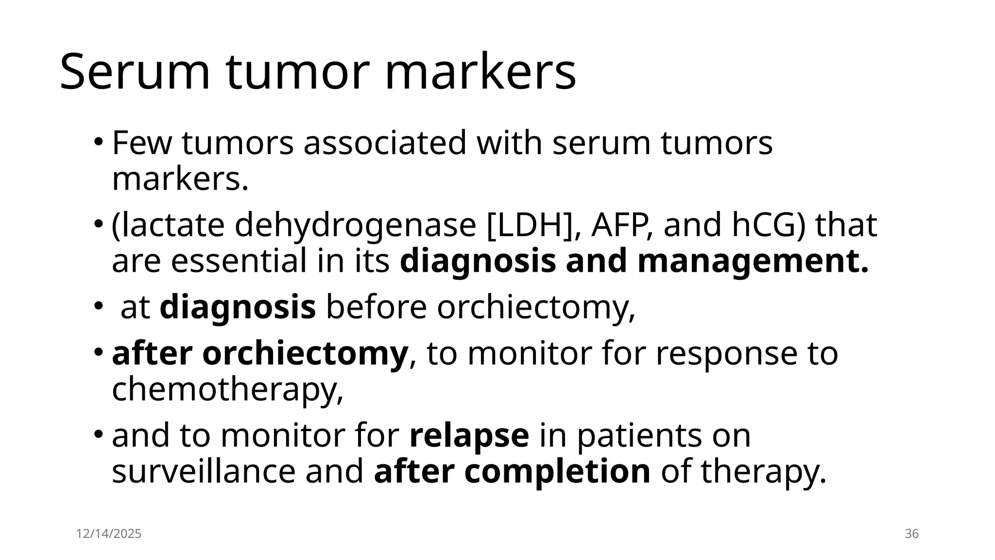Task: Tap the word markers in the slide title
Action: [480, 72]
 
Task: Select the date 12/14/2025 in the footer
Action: [109, 534]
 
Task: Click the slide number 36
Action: [912, 534]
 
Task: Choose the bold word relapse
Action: [469, 436]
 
